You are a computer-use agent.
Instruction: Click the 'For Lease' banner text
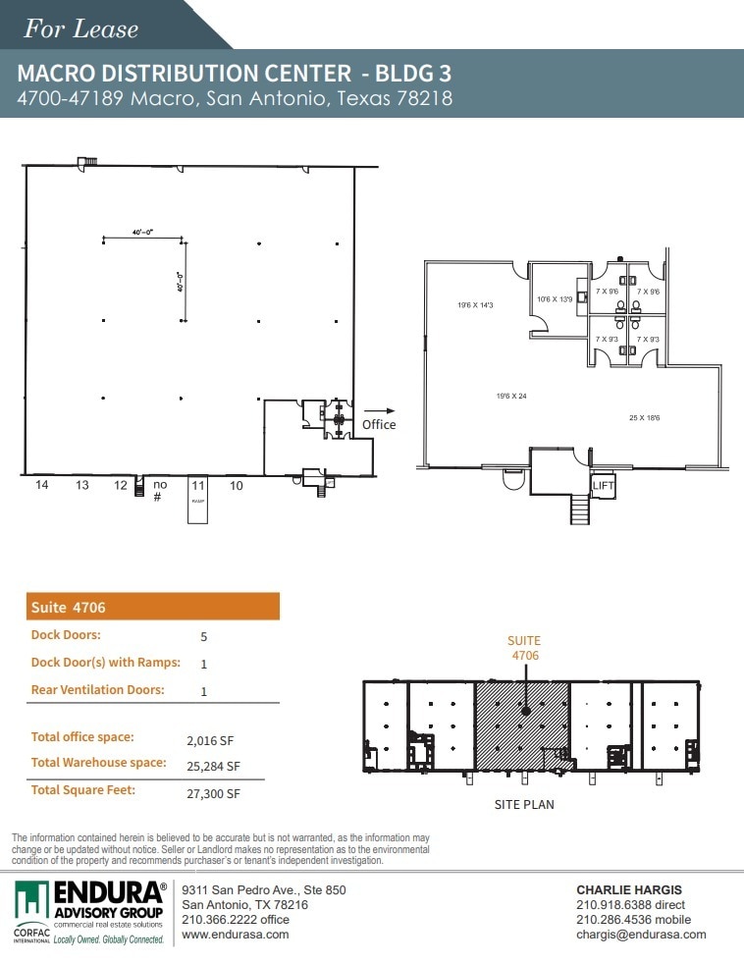click(81, 28)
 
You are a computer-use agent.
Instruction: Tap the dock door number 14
click(42, 485)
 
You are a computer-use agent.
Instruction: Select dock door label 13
click(82, 485)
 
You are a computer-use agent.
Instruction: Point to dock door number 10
click(237, 485)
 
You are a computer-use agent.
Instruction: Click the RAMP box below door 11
click(198, 508)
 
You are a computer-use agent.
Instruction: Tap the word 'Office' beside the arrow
click(379, 424)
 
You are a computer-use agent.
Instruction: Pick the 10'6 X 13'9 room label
click(555, 299)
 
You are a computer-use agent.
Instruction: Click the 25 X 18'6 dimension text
click(645, 417)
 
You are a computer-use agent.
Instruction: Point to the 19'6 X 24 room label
click(512, 396)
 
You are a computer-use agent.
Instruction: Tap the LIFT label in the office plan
click(602, 485)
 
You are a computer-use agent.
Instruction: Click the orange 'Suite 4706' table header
click(152, 607)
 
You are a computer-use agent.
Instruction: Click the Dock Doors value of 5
click(203, 636)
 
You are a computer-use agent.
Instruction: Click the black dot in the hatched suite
click(525, 710)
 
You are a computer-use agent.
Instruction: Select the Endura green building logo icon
click(32, 900)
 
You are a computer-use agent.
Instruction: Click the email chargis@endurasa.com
click(641, 935)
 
